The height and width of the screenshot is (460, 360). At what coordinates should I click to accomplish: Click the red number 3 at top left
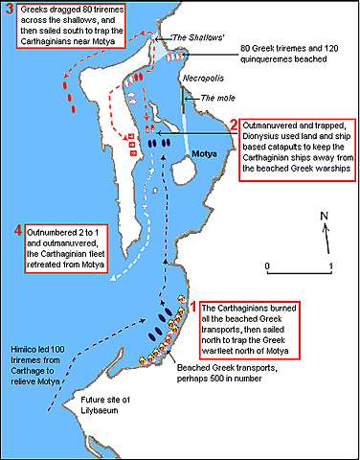pos(9,11)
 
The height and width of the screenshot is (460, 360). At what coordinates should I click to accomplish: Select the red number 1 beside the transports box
pos(194,307)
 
